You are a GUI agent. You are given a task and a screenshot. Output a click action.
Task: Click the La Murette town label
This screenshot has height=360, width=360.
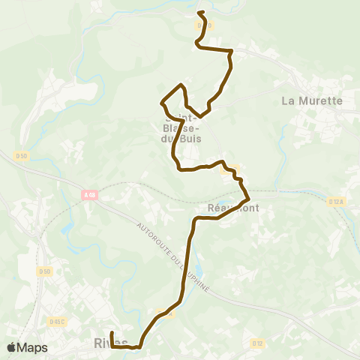pyautogui.click(x=311, y=100)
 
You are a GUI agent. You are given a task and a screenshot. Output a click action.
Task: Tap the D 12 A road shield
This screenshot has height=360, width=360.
pyautogui.click(x=335, y=201)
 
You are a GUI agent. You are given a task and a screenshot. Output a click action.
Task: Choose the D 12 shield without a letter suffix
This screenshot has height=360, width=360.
pyautogui.click(x=257, y=343)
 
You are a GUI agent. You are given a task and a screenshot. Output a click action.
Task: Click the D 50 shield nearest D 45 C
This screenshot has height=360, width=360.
pyautogui.click(x=46, y=271)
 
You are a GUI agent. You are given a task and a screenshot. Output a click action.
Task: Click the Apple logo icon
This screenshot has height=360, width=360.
pyautogui.click(x=12, y=347)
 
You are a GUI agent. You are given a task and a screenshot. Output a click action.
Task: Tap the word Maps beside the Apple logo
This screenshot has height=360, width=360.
pyautogui.click(x=32, y=347)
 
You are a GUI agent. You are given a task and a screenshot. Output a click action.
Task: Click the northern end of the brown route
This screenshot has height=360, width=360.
pyautogui.click(x=199, y=13)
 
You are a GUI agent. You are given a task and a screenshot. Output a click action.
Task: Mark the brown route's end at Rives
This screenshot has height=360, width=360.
pyautogui.click(x=112, y=333)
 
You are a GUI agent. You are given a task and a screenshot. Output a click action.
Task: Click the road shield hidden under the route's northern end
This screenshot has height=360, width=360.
pyautogui.click(x=205, y=25)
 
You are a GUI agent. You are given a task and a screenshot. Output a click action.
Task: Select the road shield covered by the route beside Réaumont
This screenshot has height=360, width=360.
pyautogui.click(x=230, y=170)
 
